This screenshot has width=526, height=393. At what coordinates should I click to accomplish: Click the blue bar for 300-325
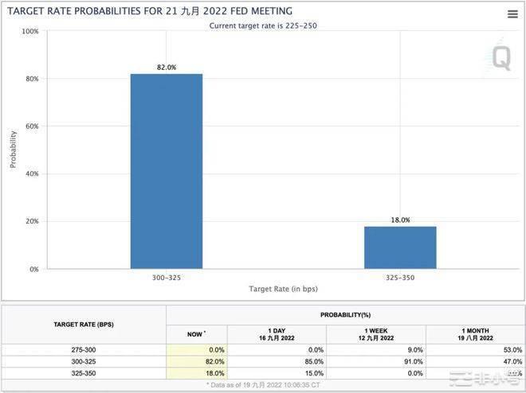[166, 171]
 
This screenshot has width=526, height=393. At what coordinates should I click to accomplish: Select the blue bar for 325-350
[400, 247]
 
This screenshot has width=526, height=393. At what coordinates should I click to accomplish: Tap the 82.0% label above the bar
[166, 68]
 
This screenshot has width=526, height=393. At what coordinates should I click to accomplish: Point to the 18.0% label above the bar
[400, 220]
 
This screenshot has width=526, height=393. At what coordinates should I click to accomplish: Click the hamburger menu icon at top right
[512, 14]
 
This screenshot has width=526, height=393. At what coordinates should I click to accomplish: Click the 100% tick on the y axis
[29, 31]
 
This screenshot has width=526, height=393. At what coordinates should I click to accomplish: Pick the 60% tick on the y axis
[31, 126]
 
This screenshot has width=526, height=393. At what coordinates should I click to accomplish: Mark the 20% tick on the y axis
[31, 221]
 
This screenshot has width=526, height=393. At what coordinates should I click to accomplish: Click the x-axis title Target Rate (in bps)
[283, 290]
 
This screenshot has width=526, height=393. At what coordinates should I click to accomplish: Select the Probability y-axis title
[12, 150]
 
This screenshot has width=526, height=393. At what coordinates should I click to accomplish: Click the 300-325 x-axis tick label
[166, 278]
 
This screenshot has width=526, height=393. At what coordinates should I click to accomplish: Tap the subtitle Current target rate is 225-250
[263, 25]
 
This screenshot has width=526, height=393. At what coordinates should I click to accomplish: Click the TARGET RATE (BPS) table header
[84, 325]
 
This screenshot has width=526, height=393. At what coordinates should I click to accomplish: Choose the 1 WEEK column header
[375, 334]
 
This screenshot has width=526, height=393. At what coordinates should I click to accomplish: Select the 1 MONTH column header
[475, 334]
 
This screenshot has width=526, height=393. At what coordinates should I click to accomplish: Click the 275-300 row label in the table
[84, 349]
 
